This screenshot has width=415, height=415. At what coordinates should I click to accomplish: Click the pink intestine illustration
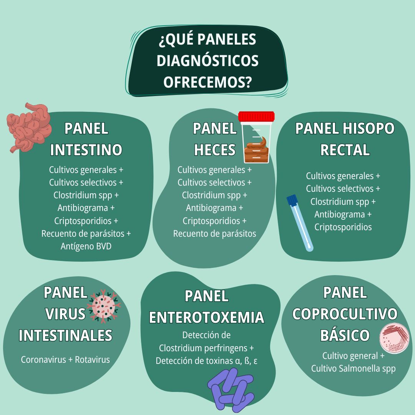(29, 128)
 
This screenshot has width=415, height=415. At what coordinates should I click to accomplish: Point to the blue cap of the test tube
(292, 200)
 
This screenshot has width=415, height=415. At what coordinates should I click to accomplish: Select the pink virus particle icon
(104, 306)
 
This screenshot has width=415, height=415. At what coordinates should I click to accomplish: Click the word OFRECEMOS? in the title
(207, 82)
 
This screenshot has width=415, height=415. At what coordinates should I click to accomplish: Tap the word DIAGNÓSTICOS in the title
(207, 61)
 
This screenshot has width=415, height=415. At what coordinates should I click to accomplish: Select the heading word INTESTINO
(86, 150)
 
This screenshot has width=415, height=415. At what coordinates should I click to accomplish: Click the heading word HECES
(215, 150)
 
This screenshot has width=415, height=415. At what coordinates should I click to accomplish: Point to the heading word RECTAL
(345, 150)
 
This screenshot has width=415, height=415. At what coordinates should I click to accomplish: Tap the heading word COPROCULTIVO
(345, 314)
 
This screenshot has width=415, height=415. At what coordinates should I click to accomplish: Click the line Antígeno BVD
(86, 246)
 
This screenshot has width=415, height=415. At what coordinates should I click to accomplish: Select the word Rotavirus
(92, 360)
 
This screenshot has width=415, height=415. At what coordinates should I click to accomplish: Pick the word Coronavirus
(43, 360)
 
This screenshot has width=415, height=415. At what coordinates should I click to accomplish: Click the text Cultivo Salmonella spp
(354, 369)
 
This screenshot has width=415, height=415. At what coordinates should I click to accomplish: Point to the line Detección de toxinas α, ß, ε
(206, 361)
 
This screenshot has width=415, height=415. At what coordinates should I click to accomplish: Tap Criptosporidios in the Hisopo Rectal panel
(343, 227)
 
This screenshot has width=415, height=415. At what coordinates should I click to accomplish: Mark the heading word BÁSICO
(345, 335)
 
